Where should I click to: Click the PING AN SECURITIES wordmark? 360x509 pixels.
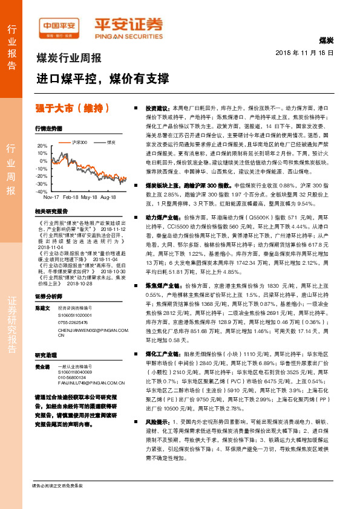(128, 35)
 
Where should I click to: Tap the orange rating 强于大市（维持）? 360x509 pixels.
(72, 108)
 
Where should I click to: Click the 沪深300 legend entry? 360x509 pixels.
(79, 142)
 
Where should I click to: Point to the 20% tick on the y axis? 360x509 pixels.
(41, 146)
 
